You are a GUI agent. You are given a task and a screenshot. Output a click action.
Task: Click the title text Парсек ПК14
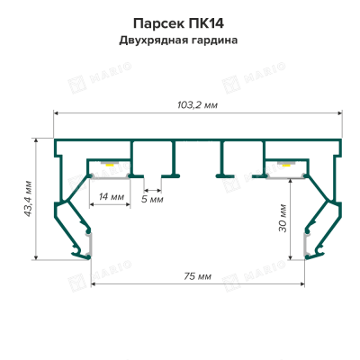178,23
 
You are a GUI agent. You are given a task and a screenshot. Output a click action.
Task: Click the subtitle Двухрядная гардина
178,40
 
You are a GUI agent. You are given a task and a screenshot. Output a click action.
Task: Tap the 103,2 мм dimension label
197,105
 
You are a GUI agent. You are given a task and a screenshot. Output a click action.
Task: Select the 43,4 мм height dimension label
28,199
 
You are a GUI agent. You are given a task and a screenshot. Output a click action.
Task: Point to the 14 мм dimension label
112,197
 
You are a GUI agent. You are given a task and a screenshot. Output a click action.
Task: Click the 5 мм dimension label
152,199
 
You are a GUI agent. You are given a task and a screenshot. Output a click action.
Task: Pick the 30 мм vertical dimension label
283,218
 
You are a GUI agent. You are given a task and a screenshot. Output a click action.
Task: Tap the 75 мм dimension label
197,276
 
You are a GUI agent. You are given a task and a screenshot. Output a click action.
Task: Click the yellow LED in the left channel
110,165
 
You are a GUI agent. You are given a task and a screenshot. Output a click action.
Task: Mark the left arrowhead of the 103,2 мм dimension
56,113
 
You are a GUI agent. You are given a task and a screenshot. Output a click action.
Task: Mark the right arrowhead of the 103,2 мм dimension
340,113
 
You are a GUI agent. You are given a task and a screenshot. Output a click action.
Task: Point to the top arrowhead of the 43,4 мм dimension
36,140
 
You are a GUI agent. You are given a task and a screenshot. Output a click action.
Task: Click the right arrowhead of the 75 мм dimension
302,283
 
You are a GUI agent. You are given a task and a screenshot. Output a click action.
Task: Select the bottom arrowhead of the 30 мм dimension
290,256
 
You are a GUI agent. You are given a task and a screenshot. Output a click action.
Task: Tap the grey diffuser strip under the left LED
111,177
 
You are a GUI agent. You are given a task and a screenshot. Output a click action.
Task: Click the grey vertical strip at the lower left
89,246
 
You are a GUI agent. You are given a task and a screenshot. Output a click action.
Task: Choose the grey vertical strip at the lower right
306,246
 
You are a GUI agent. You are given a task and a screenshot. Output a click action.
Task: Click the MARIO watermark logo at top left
77,85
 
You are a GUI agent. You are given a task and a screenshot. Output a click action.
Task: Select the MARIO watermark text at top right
265,73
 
